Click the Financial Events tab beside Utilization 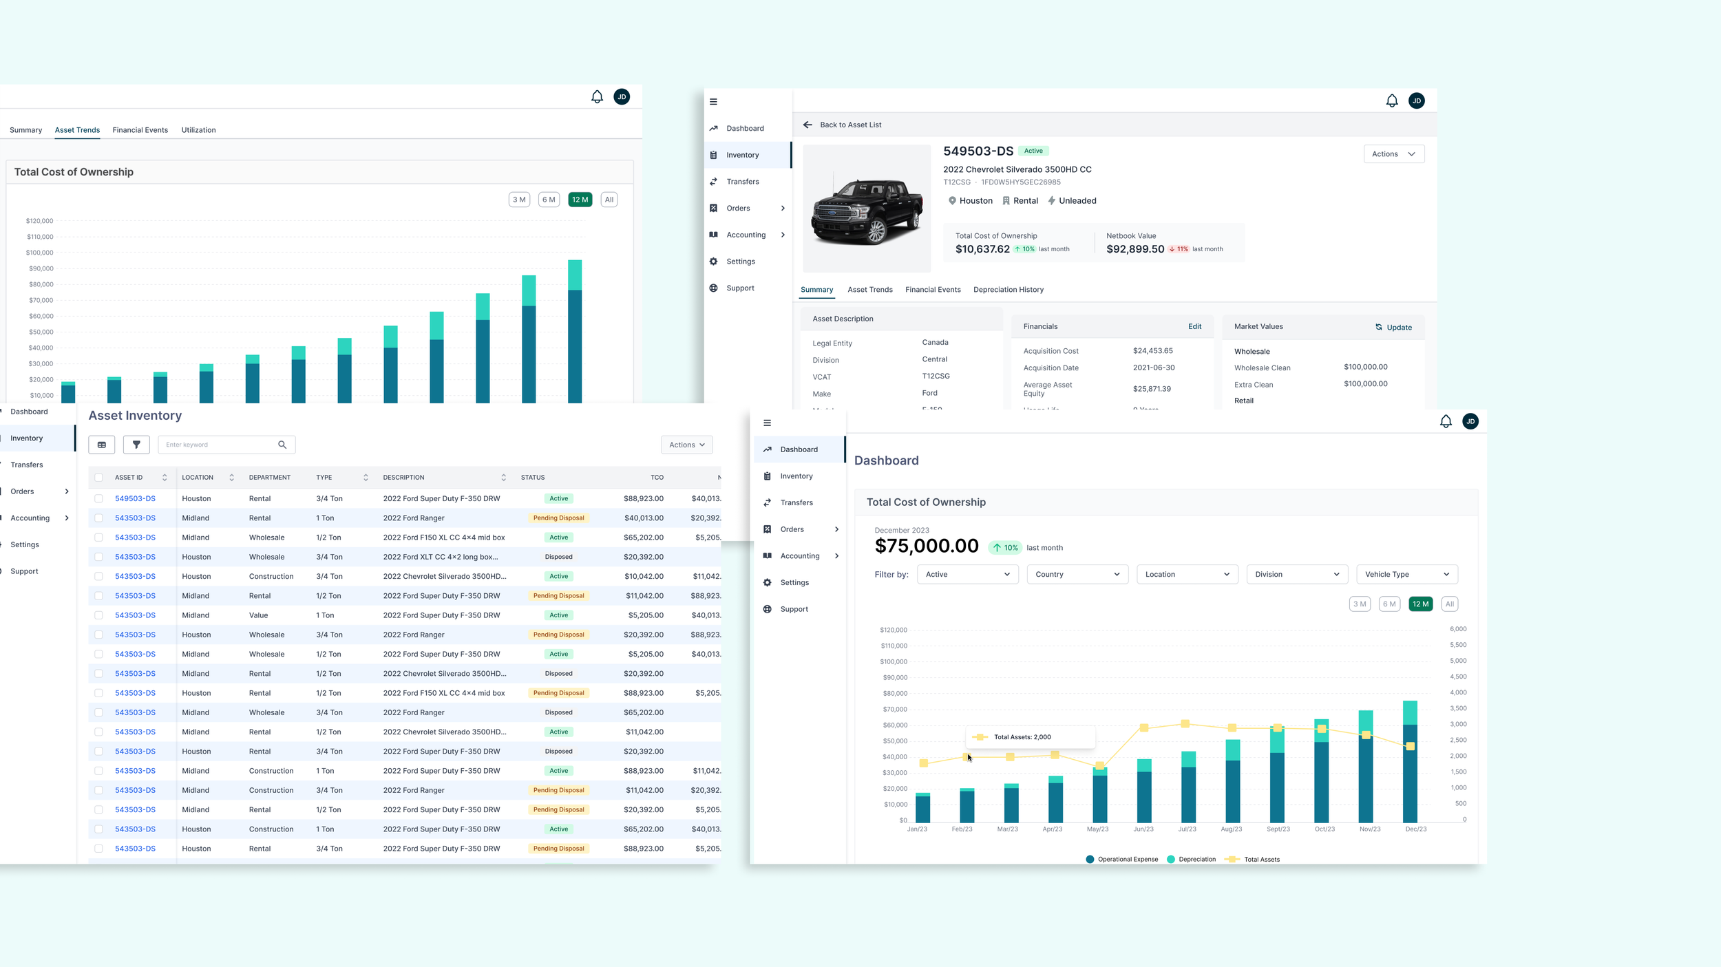click(140, 130)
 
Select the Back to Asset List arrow click(807, 125)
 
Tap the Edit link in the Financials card click(1194, 326)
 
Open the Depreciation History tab click(1008, 290)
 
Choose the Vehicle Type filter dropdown click(1406, 574)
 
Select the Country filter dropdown click(1077, 574)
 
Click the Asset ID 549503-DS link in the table click(135, 498)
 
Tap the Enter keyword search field click(219, 445)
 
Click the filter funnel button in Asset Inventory click(136, 445)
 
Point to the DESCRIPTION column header click(403, 478)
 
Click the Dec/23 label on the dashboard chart click(1415, 829)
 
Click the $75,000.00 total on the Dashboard click(926, 546)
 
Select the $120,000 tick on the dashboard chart click(894, 630)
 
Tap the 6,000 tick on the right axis click(1457, 629)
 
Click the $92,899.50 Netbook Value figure click(1135, 249)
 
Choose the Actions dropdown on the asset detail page click(1393, 154)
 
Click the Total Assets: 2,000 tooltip click(1022, 737)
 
